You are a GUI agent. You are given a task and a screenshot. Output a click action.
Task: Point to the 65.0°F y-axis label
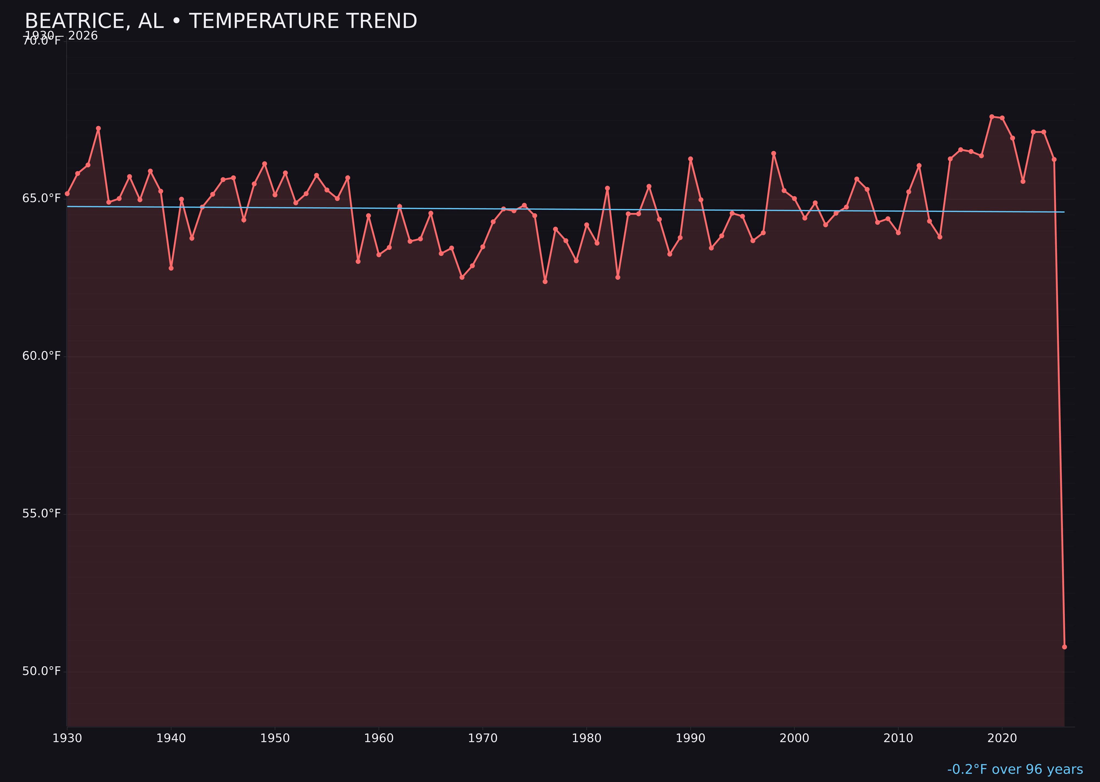(42, 199)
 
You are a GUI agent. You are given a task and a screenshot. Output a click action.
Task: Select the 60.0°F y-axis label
(42, 356)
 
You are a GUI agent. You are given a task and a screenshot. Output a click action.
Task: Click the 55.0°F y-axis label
(42, 514)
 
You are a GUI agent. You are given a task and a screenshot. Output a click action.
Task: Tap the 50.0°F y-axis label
(42, 671)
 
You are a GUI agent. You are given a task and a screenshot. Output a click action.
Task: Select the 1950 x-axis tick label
(275, 739)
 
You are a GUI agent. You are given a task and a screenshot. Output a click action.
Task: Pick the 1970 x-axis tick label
(483, 739)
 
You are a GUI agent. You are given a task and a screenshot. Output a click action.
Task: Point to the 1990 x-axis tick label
(690, 739)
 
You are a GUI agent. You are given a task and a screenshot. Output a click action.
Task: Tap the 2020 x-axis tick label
(1002, 739)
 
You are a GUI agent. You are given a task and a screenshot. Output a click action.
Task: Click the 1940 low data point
(171, 268)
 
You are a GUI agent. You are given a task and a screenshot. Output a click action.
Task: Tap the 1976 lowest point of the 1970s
(545, 282)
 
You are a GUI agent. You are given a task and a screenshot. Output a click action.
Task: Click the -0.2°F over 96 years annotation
(1015, 769)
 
